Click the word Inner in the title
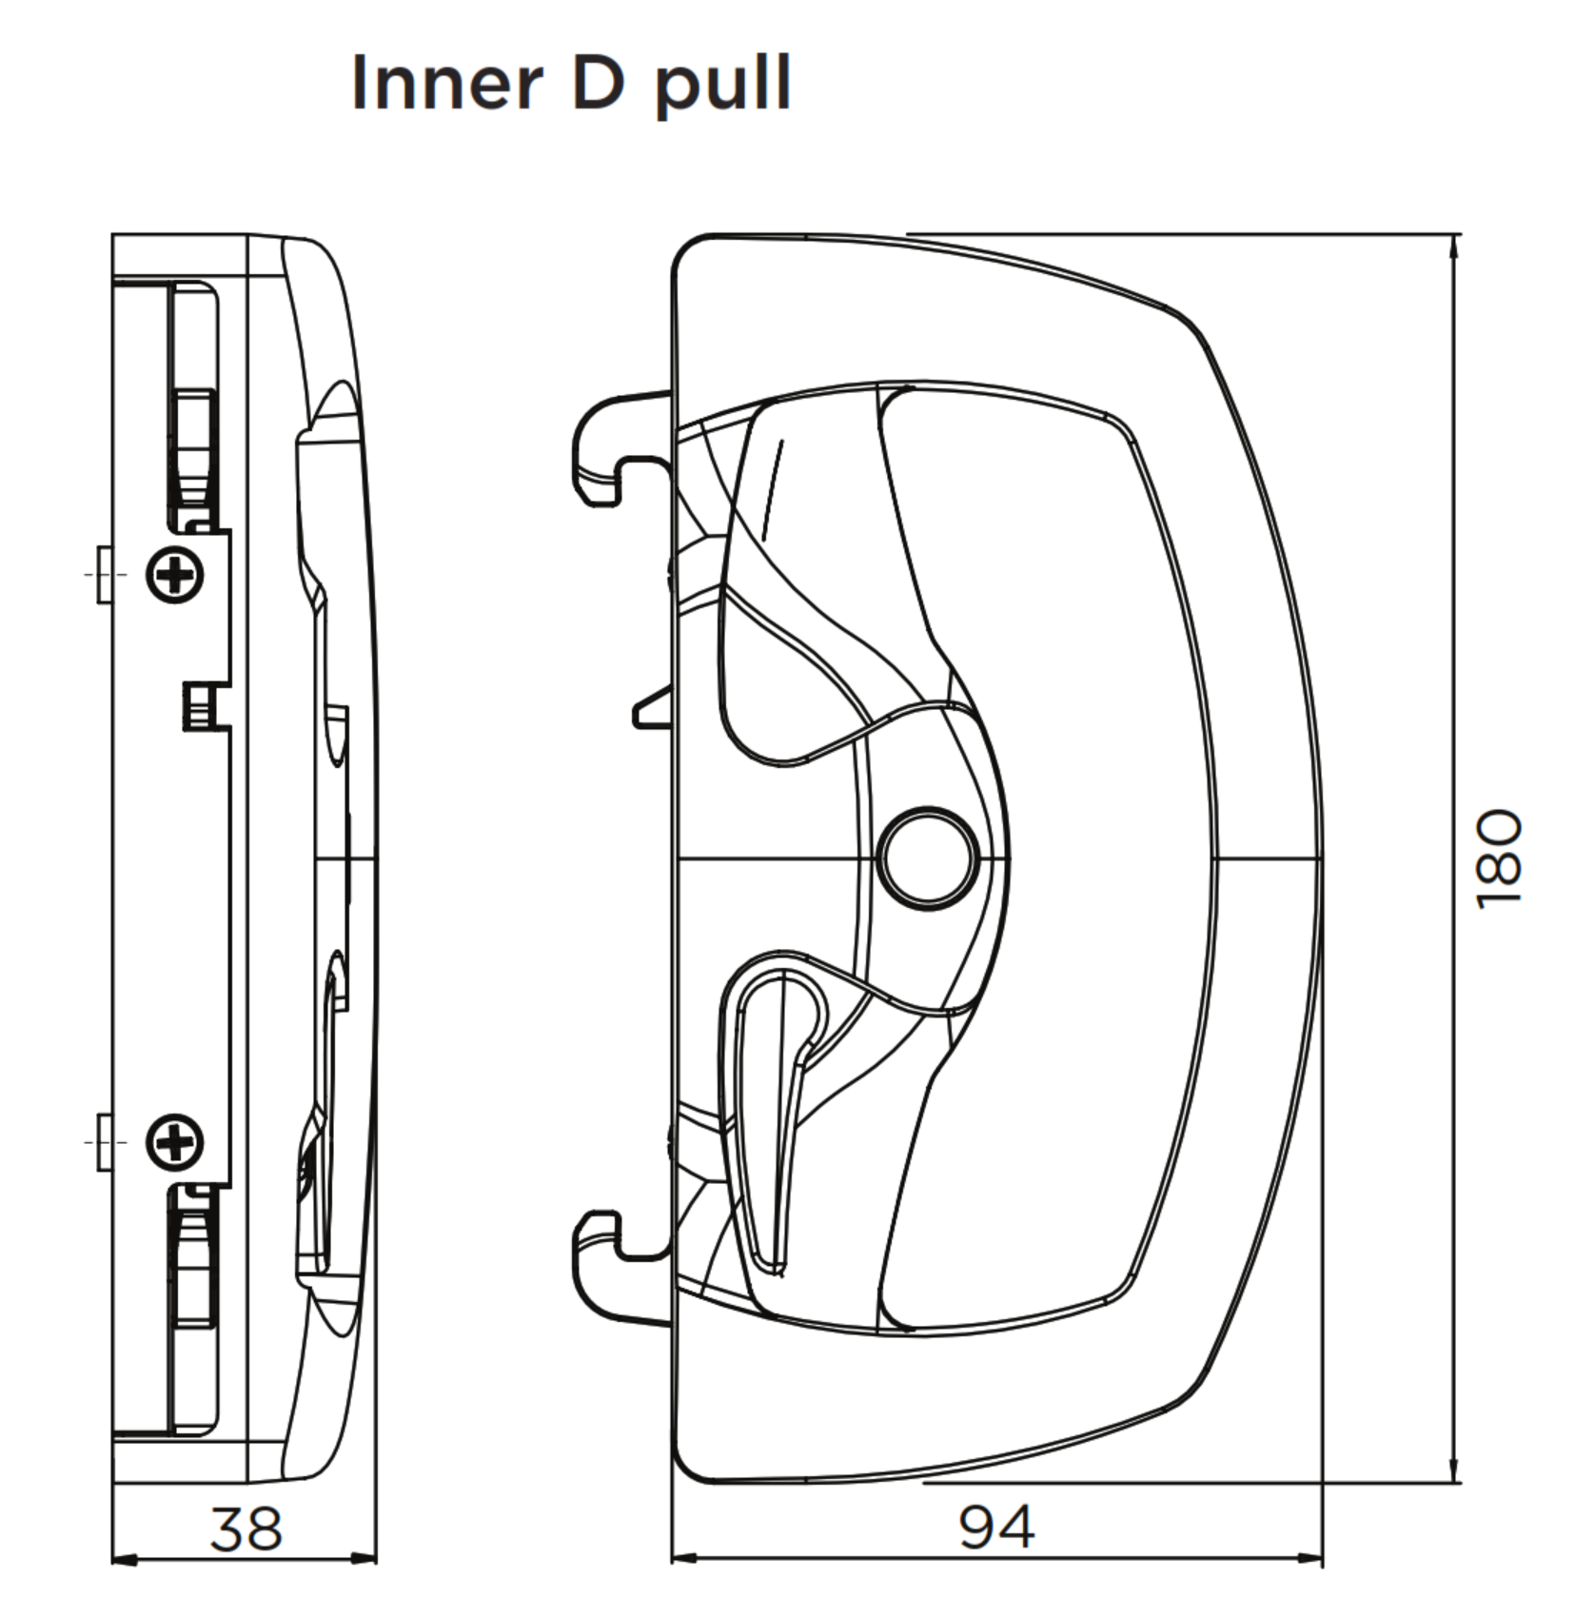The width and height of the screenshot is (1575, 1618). (446, 84)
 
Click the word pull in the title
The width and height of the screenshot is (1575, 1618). (722, 86)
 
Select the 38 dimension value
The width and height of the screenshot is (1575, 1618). (246, 1529)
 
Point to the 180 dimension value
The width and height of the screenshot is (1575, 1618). (1500, 858)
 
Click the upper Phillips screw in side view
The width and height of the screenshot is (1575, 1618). (175, 575)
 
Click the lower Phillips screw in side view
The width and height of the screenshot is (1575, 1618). (175, 1141)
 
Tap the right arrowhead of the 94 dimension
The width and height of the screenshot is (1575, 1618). (1310, 1559)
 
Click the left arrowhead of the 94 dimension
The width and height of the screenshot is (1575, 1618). (684, 1559)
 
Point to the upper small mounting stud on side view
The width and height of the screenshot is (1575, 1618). (104, 575)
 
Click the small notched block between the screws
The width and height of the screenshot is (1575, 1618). (198, 706)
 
